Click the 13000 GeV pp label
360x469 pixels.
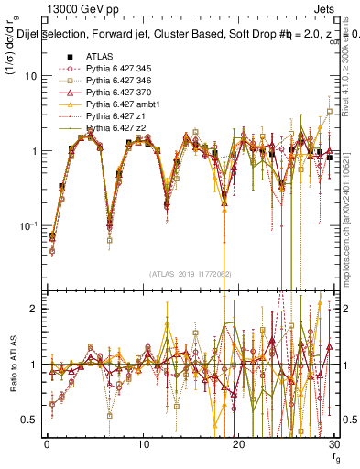pyautogui.click(x=71, y=9)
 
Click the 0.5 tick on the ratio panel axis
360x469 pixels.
pyautogui.click(x=29, y=420)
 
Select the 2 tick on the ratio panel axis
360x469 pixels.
pyautogui.click(x=33, y=309)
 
